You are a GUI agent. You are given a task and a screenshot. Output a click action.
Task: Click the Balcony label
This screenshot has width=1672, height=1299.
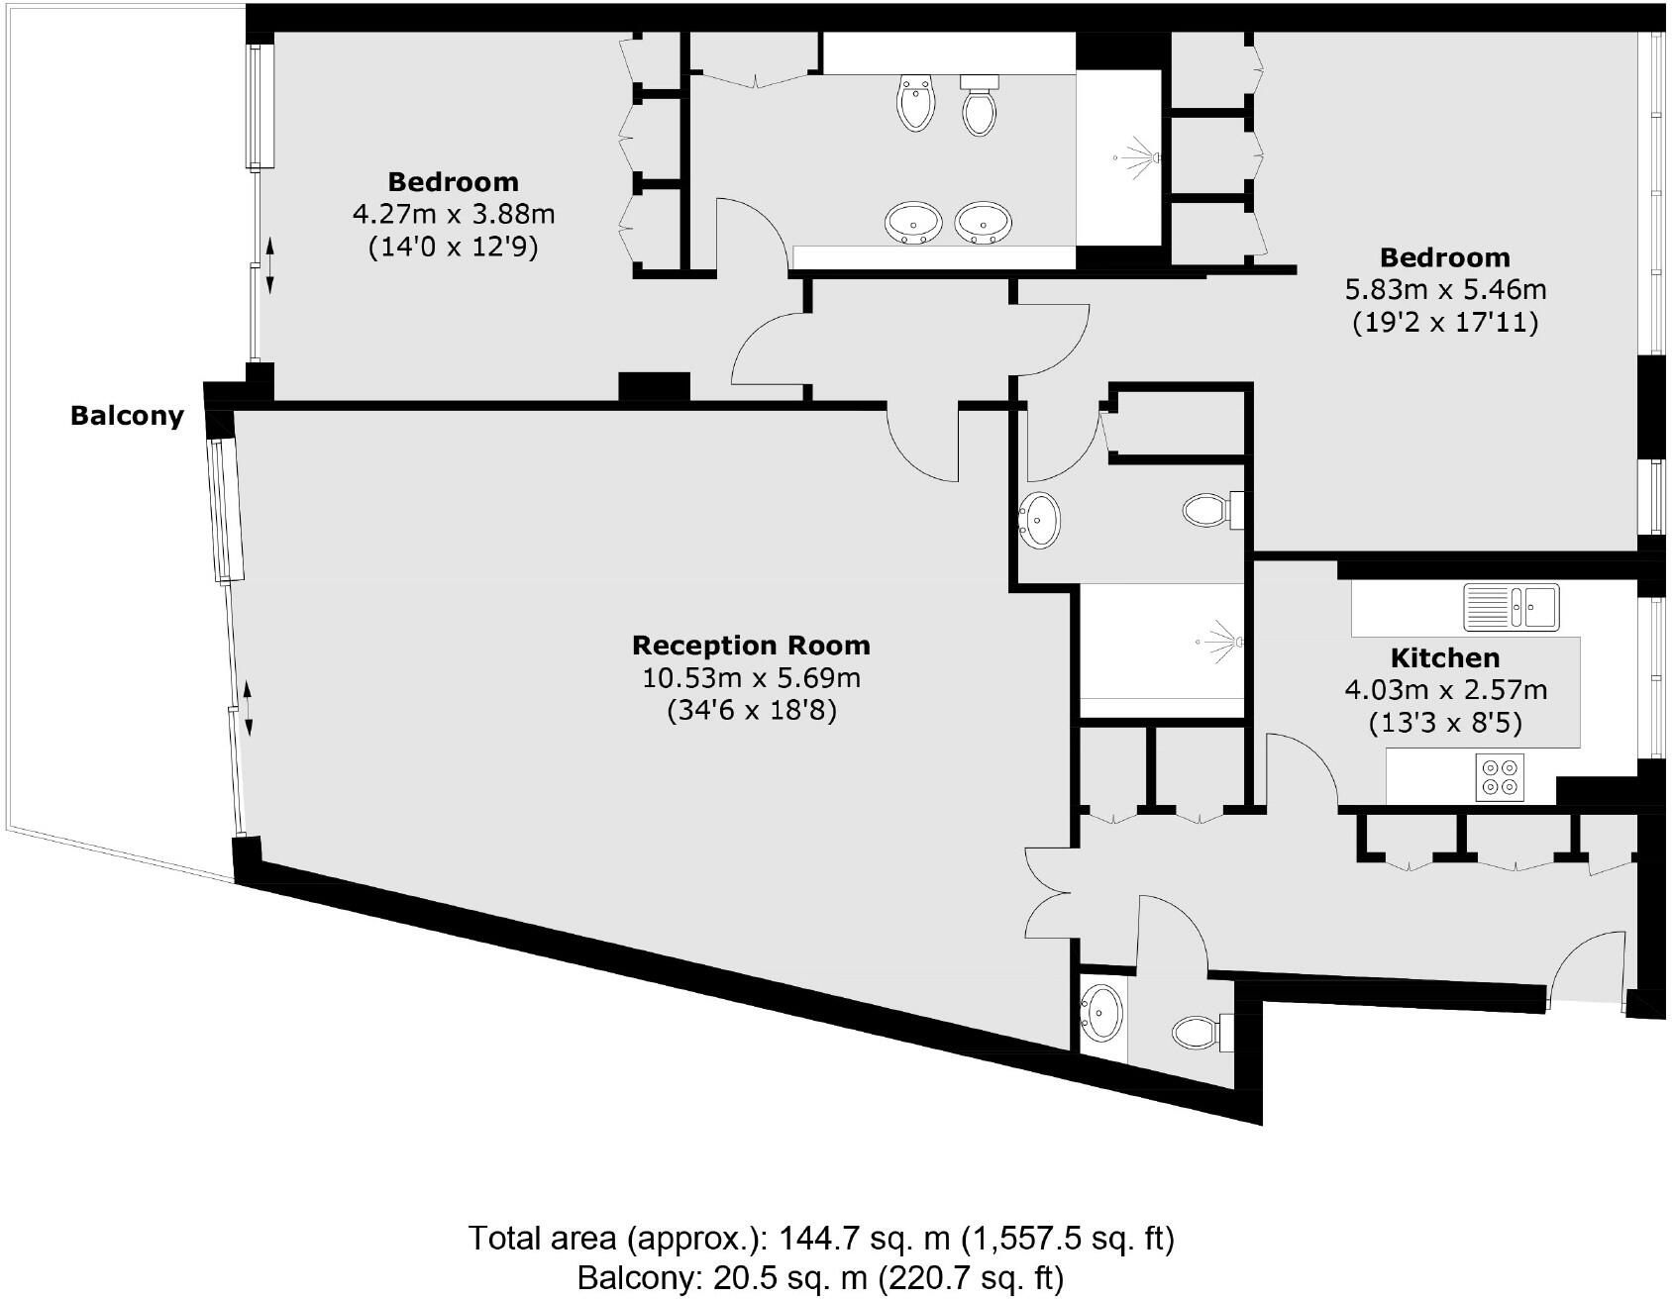point(127,415)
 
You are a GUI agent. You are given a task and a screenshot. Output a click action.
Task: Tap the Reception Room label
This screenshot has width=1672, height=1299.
point(751,646)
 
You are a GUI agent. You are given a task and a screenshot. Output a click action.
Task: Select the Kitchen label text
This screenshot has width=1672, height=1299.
point(1444,658)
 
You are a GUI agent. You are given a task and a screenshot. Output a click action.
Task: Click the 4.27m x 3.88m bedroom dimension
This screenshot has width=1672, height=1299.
point(453,214)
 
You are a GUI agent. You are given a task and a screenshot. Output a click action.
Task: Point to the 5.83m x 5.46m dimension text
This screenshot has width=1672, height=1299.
point(1444,290)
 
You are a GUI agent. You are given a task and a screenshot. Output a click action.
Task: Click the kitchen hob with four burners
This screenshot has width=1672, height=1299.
point(1499,777)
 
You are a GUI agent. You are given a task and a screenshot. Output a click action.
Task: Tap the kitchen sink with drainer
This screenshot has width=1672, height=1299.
point(1511,606)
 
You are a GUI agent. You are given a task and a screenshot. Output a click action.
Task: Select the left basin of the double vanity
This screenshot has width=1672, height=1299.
point(912,223)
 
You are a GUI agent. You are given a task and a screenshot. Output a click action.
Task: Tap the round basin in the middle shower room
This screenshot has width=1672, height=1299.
point(1039,519)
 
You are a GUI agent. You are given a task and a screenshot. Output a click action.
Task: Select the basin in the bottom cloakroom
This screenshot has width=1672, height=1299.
point(1101,1014)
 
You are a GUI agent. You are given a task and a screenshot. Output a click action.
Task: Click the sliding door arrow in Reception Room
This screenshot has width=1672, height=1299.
point(248,708)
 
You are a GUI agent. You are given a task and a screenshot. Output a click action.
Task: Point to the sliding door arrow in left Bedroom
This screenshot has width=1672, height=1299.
point(268,265)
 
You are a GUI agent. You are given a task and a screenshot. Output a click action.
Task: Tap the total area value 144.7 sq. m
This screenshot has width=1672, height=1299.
point(859,1239)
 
